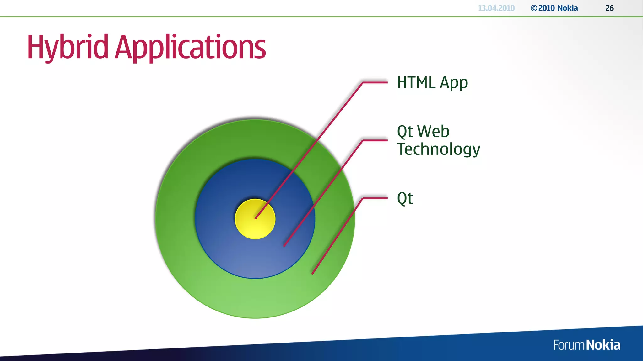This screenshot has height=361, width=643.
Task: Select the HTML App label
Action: tap(432, 83)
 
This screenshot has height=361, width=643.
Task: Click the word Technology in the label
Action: tap(438, 149)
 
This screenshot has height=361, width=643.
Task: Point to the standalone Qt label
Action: tap(405, 198)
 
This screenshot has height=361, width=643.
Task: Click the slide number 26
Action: tap(609, 8)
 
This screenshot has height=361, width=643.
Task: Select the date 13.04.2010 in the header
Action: tap(496, 8)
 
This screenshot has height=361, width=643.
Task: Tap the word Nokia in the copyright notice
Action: tap(568, 8)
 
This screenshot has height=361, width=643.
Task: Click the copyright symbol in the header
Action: tap(534, 8)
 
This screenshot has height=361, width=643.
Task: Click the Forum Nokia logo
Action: tap(586, 345)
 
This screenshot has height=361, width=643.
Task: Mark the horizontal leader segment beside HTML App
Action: tap(375, 82)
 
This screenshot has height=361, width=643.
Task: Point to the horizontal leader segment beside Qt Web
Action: tap(375, 140)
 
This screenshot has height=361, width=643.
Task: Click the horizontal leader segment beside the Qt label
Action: tap(375, 198)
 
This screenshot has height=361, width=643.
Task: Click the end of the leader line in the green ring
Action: tap(313, 273)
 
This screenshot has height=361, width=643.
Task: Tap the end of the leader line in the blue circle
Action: tap(284, 246)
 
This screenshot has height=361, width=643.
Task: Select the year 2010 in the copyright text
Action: tap(547, 8)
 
